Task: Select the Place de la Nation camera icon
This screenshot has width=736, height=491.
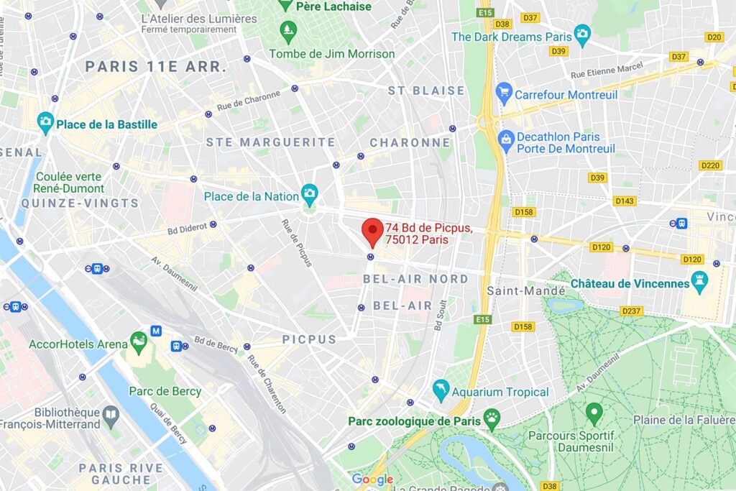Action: click(310, 192)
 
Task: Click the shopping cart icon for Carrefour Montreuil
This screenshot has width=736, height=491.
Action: click(504, 93)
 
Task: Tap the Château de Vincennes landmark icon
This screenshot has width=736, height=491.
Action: click(699, 283)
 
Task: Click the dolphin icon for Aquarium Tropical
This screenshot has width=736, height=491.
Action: click(441, 391)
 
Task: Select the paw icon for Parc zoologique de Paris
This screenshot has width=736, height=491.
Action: click(492, 416)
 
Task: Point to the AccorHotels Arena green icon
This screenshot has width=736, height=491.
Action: click(139, 342)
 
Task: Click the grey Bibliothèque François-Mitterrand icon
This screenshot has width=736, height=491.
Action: click(111, 413)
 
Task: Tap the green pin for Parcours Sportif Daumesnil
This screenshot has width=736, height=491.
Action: click(594, 413)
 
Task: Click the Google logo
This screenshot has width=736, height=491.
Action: click(372, 479)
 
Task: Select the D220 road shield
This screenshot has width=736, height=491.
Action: click(709, 165)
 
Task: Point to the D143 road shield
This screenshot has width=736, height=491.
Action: click(625, 201)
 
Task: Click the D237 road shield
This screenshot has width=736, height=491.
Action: click(632, 311)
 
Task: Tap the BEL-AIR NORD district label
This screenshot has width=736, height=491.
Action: click(416, 278)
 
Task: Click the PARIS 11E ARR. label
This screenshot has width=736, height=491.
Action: click(156, 66)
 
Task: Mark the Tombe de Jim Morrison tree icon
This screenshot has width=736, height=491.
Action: click(288, 31)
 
